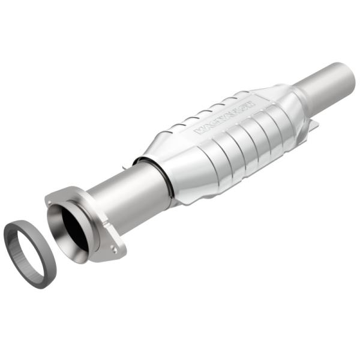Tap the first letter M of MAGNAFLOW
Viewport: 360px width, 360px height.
[x=199, y=131]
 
